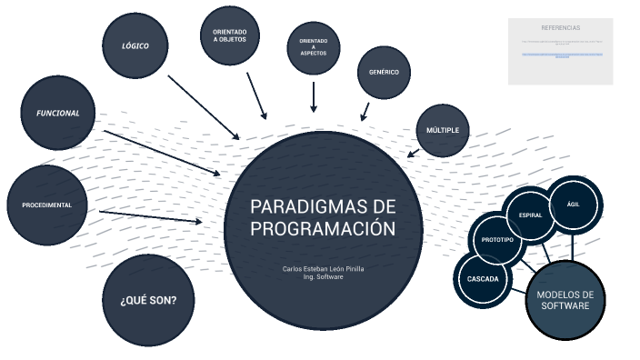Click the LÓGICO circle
(136, 45)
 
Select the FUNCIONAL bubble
(58, 114)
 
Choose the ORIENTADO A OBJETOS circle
(230, 35)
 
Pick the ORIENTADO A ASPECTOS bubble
(314, 46)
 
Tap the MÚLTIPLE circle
(443, 131)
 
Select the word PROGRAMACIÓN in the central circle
(323, 228)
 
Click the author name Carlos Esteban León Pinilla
(323, 269)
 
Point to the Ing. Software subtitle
(323, 277)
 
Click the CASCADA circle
(484, 278)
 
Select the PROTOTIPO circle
(498, 239)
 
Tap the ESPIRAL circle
(531, 215)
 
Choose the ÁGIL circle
(573, 204)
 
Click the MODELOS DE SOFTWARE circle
(565, 300)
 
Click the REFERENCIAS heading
(560, 28)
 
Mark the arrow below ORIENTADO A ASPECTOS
(314, 96)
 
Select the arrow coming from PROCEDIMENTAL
(151, 216)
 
